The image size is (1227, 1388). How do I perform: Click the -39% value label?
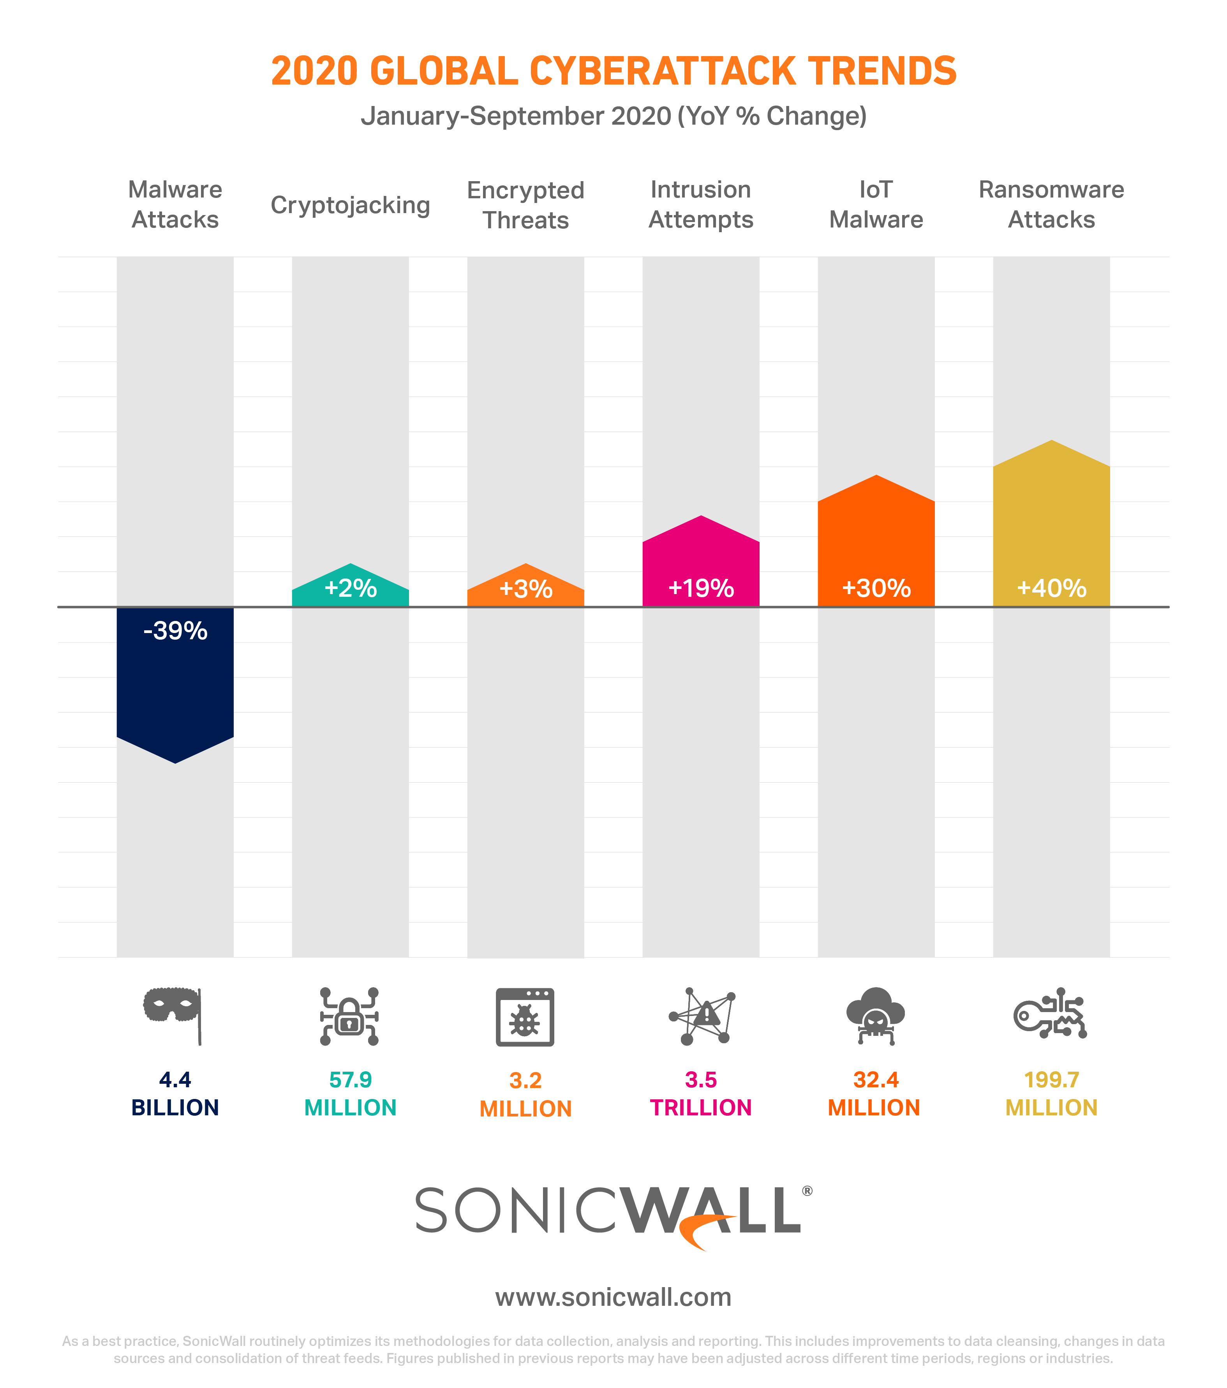pyautogui.click(x=175, y=631)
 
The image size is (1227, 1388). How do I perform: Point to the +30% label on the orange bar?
pyautogui.click(x=876, y=588)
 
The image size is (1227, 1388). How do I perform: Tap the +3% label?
pyautogui.click(x=525, y=589)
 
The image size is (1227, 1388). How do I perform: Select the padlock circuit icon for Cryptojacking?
pyautogui.click(x=349, y=1016)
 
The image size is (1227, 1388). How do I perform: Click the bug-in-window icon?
pyautogui.click(x=525, y=1016)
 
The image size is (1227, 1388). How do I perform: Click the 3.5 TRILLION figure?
pyautogui.click(x=701, y=1093)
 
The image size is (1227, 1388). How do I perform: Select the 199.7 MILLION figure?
pyautogui.click(x=1051, y=1093)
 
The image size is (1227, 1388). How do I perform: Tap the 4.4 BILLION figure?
pyautogui.click(x=175, y=1093)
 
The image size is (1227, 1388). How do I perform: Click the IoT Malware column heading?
pyautogui.click(x=876, y=205)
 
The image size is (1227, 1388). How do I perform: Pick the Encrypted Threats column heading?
pyautogui.click(x=525, y=205)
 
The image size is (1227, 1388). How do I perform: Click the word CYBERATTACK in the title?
pyautogui.click(x=662, y=71)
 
